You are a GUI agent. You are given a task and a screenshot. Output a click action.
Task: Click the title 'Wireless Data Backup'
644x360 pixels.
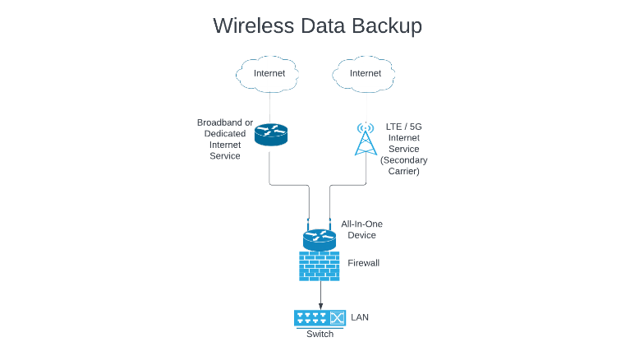[x=317, y=25]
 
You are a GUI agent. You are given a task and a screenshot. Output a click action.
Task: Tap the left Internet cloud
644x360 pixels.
[x=269, y=73]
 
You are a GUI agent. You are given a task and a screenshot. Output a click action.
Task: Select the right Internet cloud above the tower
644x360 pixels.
[x=366, y=73]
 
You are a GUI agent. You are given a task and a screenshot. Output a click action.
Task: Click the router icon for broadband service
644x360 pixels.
[x=270, y=134]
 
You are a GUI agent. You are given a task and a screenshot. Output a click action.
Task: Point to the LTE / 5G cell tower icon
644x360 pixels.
[x=365, y=139]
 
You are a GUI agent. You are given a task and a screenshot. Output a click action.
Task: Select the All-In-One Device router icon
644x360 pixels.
[x=319, y=239]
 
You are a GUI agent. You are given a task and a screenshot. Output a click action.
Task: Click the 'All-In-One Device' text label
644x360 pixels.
[x=361, y=229]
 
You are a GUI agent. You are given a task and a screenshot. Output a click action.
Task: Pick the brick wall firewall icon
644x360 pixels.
[x=319, y=265]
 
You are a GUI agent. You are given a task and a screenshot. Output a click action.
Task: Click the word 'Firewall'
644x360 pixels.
[x=364, y=263]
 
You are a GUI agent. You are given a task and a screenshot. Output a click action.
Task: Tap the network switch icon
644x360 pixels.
[x=320, y=317]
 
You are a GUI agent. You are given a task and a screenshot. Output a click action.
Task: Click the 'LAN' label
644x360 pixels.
[x=361, y=316]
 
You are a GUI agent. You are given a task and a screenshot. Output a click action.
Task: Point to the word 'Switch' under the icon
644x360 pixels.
[x=320, y=334]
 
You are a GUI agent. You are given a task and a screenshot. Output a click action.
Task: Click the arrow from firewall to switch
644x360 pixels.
[x=320, y=293]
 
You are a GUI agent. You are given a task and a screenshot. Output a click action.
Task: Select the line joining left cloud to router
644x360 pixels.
[x=269, y=106]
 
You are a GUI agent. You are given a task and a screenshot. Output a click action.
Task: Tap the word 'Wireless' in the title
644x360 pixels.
[x=250, y=25]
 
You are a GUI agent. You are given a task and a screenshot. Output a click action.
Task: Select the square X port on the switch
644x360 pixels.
[x=337, y=317]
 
